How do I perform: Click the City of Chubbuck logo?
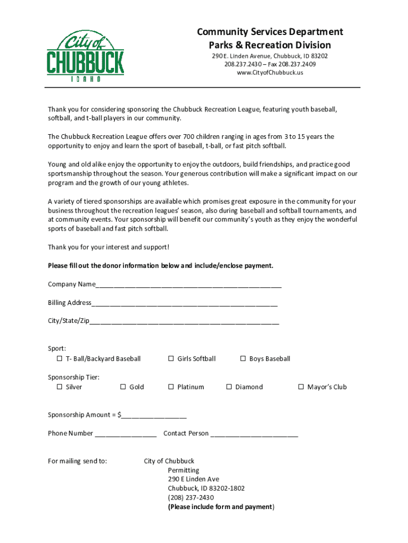point(85,56)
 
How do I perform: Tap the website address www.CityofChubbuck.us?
point(270,73)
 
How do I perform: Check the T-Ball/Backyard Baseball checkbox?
point(59,359)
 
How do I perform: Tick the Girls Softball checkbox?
point(171,359)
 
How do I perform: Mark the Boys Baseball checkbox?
point(243,359)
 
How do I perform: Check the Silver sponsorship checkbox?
point(59,387)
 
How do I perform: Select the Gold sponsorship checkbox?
point(123,387)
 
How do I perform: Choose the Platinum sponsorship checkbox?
point(171,387)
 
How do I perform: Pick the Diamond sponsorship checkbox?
point(229,387)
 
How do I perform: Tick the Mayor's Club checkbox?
point(301,387)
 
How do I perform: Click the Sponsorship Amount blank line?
point(154,415)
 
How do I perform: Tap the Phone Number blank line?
point(126,434)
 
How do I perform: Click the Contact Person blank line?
point(254,434)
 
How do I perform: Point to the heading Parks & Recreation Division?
point(270,45)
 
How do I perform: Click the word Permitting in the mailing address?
point(183,470)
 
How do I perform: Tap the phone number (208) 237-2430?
point(191,497)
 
